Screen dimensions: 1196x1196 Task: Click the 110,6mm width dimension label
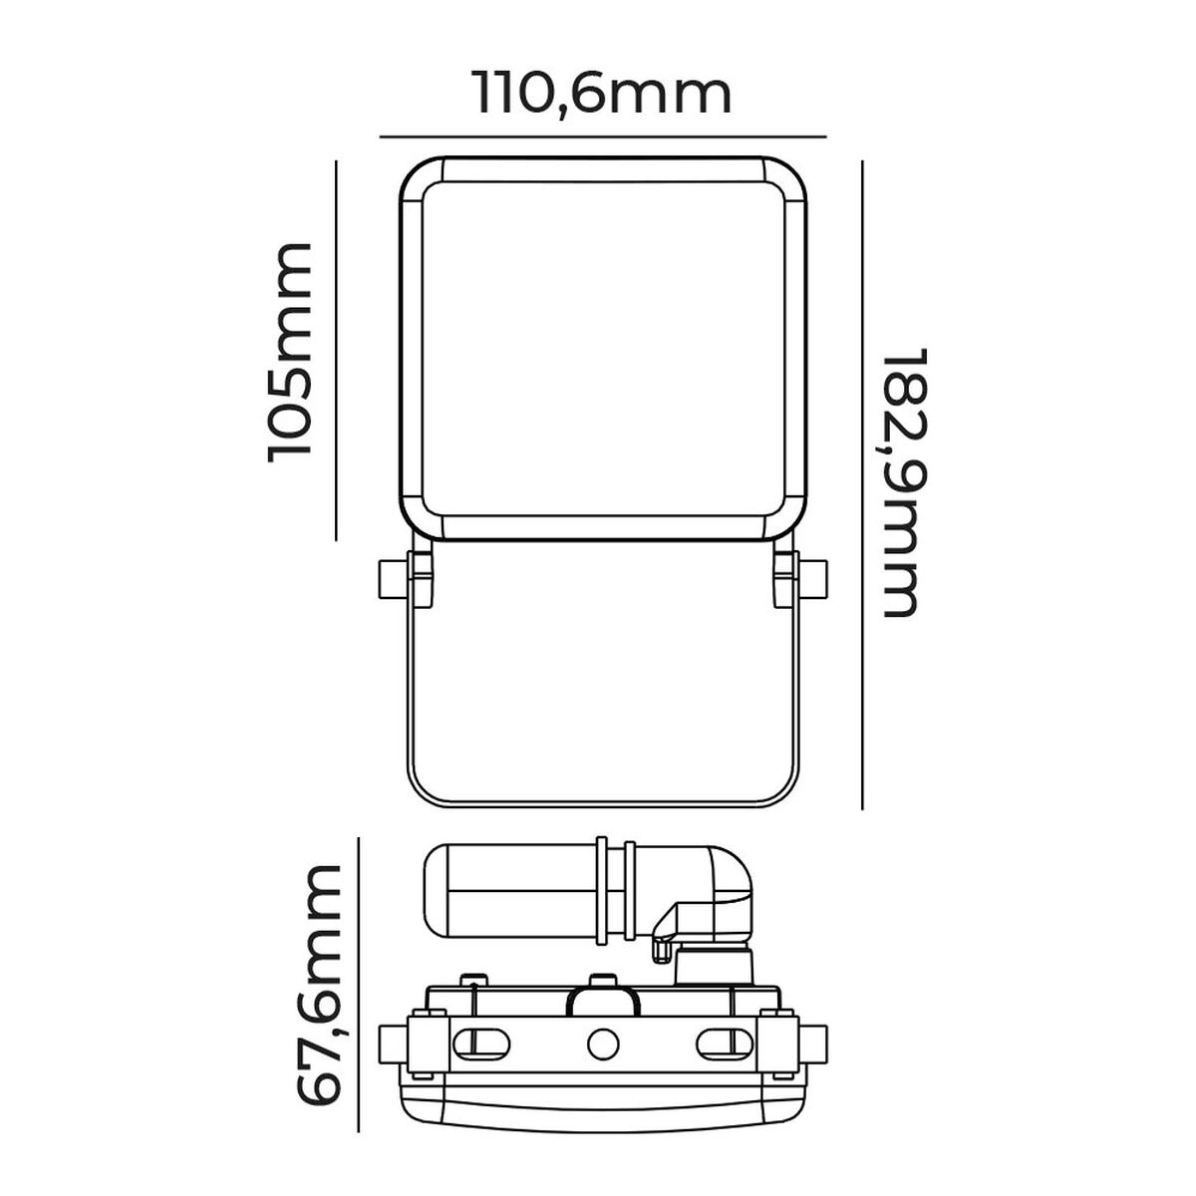pos(602,95)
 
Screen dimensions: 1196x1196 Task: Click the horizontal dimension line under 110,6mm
pos(602,135)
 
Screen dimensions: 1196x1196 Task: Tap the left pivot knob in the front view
pos(392,578)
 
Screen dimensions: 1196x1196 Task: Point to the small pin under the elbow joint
pos(658,949)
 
